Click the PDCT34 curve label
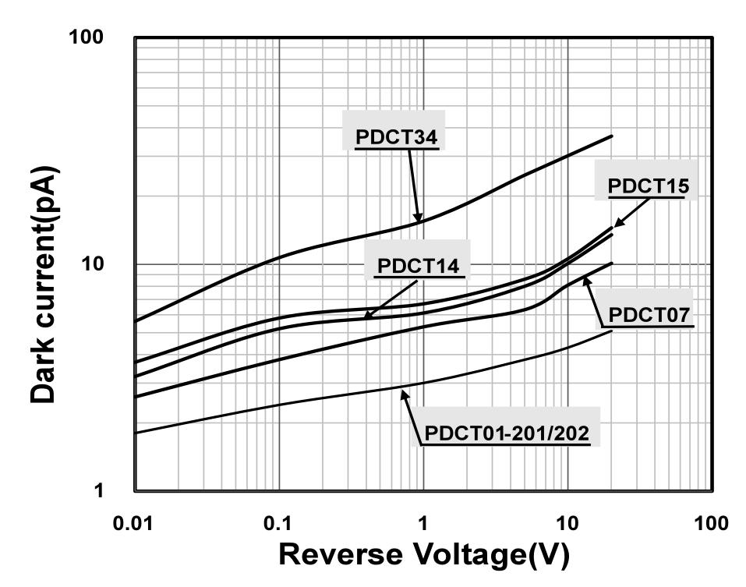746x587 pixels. (x=396, y=137)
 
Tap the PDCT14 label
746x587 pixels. (x=419, y=266)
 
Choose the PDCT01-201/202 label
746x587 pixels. (x=506, y=433)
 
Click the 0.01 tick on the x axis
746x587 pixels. (x=135, y=523)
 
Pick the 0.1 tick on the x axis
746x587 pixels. (x=279, y=523)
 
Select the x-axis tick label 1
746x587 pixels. (x=423, y=523)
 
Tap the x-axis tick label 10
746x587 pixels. (x=567, y=523)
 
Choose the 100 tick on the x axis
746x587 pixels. (x=711, y=523)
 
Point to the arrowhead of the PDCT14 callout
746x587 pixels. (x=366, y=315)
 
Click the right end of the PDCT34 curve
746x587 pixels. (x=612, y=136)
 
